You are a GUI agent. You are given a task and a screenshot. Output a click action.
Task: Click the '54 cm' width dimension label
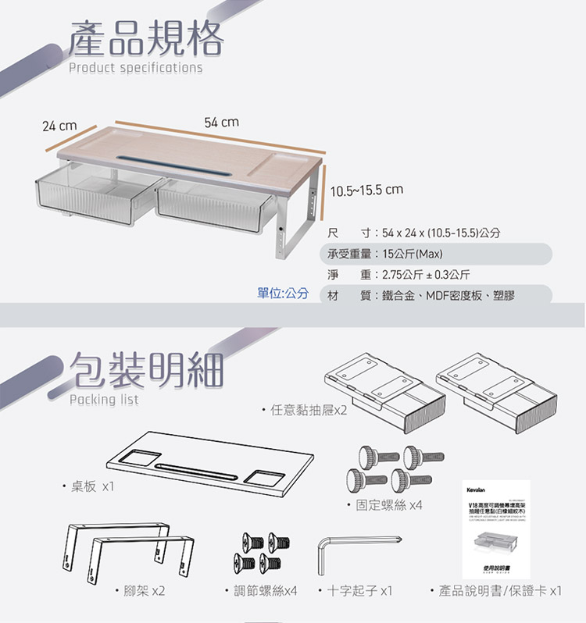click(x=222, y=123)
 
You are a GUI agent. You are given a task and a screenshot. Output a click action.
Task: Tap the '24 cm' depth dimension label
click(x=59, y=126)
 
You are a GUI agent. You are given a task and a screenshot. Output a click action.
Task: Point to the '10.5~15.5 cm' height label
click(x=366, y=190)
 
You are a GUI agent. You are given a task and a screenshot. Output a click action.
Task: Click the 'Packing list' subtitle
click(x=104, y=400)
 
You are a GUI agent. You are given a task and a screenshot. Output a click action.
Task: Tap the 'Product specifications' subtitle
click(x=135, y=68)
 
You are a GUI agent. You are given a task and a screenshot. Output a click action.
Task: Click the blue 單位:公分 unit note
click(x=283, y=293)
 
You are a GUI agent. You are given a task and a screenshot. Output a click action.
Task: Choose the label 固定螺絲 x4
click(x=385, y=505)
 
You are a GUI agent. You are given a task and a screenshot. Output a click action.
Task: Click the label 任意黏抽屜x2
click(x=305, y=410)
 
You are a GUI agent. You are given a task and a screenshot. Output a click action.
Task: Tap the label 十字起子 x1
click(x=359, y=591)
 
